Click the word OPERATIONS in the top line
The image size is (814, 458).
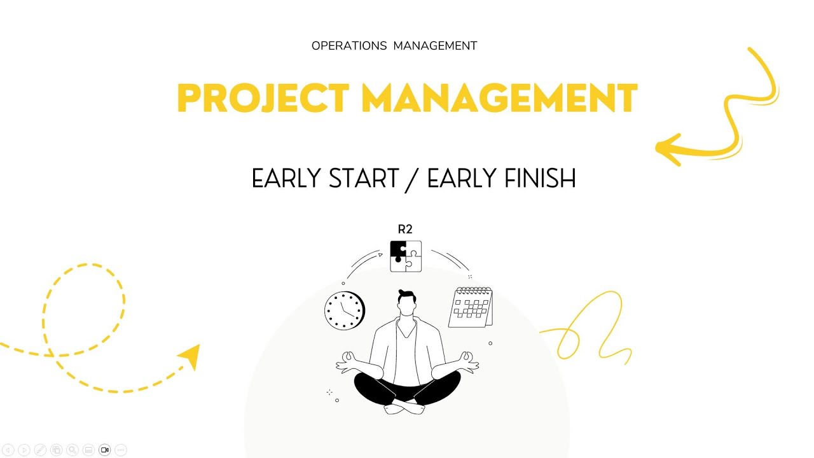(x=349, y=46)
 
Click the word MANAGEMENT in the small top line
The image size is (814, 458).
(x=435, y=46)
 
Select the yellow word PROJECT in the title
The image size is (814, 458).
(x=263, y=99)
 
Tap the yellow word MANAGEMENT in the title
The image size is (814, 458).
(x=499, y=99)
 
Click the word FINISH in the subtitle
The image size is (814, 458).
(x=539, y=179)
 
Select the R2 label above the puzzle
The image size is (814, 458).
(x=405, y=230)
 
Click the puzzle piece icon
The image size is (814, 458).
(x=406, y=256)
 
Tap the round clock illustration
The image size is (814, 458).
(x=345, y=310)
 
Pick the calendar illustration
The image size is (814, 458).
(x=471, y=308)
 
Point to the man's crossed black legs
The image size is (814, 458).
(x=407, y=389)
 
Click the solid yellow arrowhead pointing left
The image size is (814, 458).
(x=668, y=148)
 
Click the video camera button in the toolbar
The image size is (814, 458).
(x=105, y=450)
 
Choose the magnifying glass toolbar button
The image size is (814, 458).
(x=72, y=450)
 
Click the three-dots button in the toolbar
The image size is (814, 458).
(x=121, y=450)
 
